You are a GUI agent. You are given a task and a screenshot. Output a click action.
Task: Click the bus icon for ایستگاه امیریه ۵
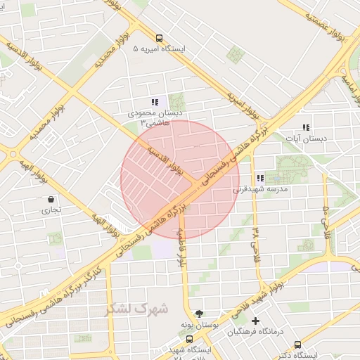tap(159, 39)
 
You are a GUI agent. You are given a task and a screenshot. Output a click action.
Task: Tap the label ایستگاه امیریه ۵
tap(160, 50)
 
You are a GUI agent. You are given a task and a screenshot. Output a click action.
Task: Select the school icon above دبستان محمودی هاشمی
tap(155, 103)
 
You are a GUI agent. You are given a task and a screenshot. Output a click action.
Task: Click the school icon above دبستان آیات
tap(306, 127)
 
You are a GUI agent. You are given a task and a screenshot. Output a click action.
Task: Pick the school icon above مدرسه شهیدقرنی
tap(260, 179)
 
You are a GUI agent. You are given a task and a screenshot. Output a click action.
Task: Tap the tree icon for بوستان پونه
tap(200, 313)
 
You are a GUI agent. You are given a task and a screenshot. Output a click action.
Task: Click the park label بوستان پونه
tap(199, 324)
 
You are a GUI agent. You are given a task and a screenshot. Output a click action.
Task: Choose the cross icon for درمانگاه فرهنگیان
tap(255, 321)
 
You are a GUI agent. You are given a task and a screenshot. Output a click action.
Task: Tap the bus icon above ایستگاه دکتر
tap(297, 345)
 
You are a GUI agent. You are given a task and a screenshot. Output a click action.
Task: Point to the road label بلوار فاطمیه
tap(181, 246)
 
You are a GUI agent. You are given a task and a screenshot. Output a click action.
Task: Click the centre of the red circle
tap(180, 180)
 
